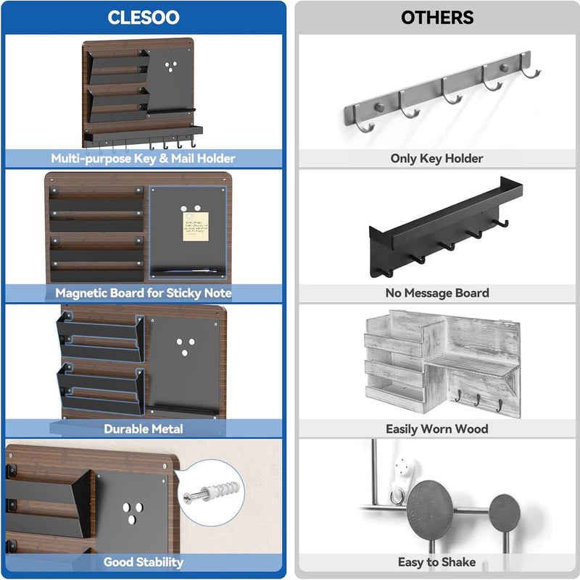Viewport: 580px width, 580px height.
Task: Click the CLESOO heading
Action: click(144, 17)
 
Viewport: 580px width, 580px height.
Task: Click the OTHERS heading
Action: click(437, 17)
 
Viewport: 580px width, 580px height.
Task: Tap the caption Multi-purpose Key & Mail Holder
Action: click(143, 159)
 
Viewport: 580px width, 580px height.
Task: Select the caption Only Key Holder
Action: click(436, 159)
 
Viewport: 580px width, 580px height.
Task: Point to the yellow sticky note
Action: click(196, 227)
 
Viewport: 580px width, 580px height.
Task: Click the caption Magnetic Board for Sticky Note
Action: click(144, 293)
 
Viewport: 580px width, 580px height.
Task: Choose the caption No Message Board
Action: click(437, 293)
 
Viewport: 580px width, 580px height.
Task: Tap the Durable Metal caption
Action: click(144, 429)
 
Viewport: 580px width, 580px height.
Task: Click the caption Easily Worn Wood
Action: click(437, 429)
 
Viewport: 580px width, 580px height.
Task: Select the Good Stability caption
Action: click(144, 562)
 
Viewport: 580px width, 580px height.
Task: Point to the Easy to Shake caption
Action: click(437, 562)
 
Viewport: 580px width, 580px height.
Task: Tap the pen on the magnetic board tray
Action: click(190, 271)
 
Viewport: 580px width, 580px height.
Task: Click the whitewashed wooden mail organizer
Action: click(442, 363)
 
